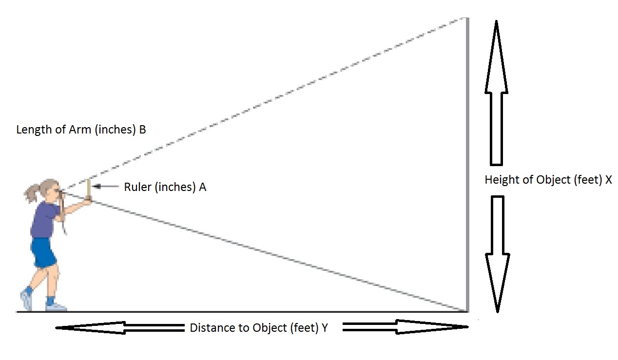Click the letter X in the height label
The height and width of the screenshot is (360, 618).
click(x=608, y=180)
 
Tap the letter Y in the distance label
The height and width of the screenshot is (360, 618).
click(x=324, y=328)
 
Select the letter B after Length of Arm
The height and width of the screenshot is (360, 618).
click(x=142, y=130)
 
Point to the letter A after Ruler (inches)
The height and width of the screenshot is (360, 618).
click(x=202, y=187)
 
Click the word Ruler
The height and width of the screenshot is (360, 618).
click(x=138, y=187)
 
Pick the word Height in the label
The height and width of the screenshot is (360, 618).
click(x=500, y=180)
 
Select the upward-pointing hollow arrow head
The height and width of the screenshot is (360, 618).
click(x=496, y=58)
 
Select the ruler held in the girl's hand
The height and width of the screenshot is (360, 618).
click(x=88, y=189)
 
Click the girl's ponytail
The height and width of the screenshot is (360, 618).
click(x=32, y=193)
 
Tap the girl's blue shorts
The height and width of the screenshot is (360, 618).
click(x=44, y=252)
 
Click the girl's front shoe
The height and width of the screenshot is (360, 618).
click(x=56, y=306)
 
